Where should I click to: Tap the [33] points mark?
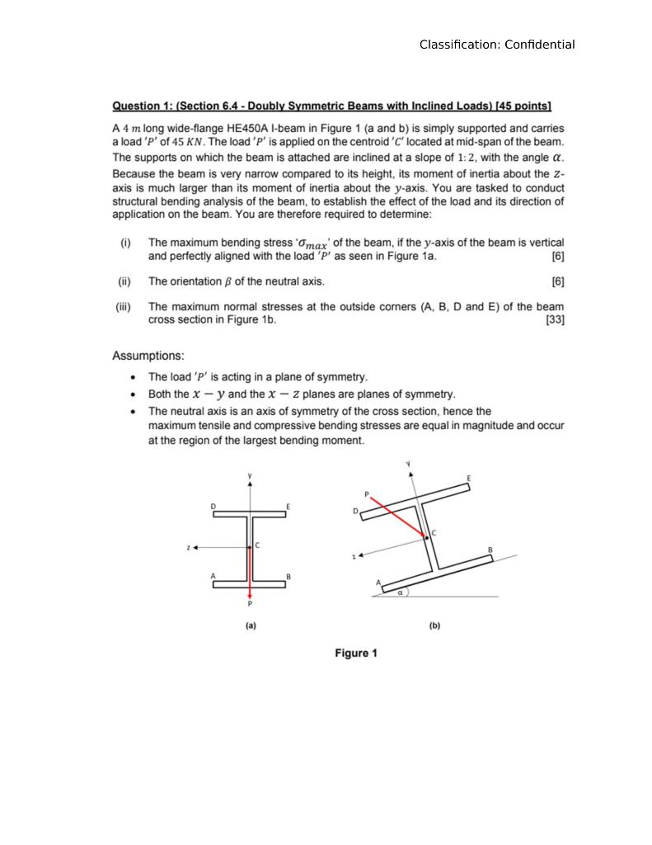555,320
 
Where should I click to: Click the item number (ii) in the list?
124,281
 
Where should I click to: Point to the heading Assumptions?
148,356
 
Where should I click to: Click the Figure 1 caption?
355,654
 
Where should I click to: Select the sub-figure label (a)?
251,625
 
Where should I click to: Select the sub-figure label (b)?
434,625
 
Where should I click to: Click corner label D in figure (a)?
213,506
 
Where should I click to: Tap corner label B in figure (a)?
288,576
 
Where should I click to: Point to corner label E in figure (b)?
469,479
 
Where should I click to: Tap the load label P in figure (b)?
367,494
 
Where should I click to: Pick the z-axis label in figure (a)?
189,547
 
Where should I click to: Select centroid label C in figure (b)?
434,533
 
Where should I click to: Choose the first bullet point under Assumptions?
134,377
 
